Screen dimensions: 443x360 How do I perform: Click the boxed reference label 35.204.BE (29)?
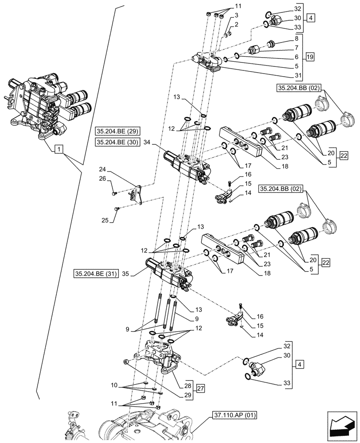117,132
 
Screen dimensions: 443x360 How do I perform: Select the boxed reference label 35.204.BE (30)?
117,142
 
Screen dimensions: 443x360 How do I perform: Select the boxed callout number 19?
310,57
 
